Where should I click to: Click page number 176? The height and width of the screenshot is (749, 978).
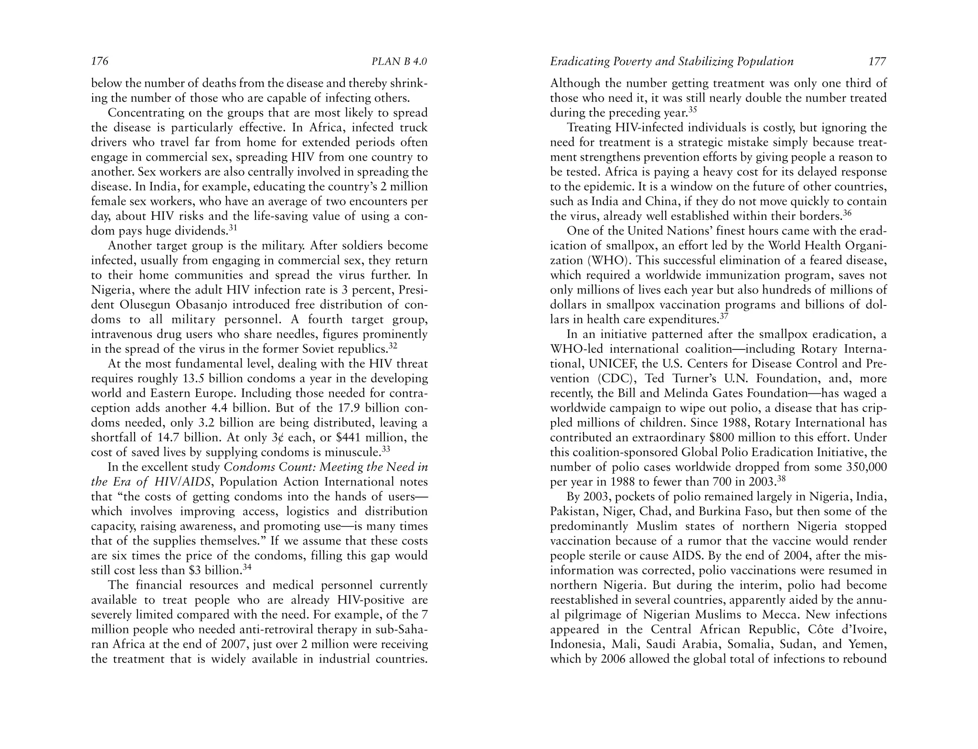tap(100, 61)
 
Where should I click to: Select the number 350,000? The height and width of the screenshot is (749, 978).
tap(866, 467)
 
